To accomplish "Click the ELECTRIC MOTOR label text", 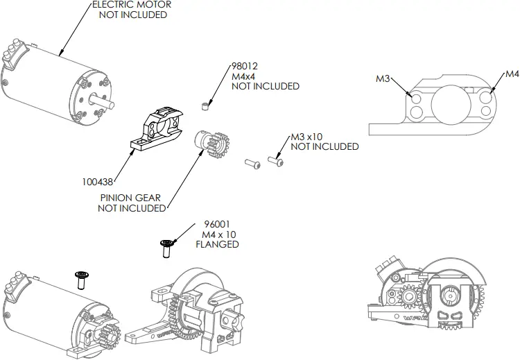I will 132,5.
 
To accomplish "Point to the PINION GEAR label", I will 130,198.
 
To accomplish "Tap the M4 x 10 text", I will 218,234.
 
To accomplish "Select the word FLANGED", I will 218,244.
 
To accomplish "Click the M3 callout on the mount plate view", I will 383,79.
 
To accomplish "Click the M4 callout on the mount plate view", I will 512,74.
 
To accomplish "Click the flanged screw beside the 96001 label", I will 166,248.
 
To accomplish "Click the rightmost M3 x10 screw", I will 275,161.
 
